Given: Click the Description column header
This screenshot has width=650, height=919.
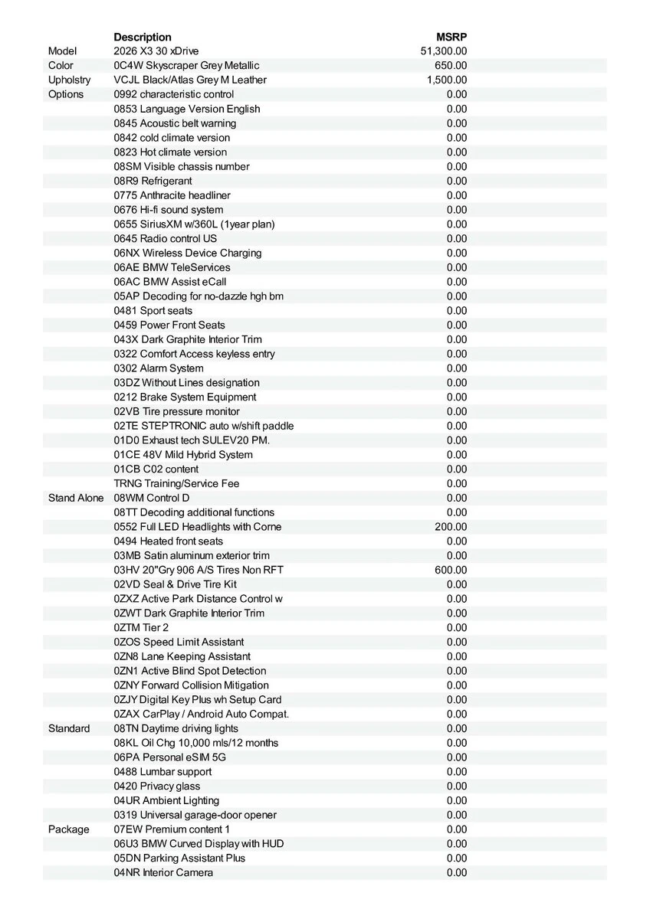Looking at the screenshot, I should (143, 37).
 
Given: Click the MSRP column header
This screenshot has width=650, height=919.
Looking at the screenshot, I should (451, 37).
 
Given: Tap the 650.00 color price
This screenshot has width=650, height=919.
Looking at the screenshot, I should (451, 66).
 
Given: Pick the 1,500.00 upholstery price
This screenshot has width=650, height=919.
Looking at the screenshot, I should (447, 80).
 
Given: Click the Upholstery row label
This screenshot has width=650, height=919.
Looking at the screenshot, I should (69, 80).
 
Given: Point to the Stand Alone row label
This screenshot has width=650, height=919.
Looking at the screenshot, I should (76, 499).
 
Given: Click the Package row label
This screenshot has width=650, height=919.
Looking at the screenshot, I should (68, 830).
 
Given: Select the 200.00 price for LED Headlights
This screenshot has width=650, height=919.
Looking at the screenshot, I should (451, 527).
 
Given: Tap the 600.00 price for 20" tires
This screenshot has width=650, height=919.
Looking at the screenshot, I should (451, 571).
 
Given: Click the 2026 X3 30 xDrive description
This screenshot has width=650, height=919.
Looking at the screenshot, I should (156, 51).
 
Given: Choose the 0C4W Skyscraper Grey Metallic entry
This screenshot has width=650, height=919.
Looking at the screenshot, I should (186, 66).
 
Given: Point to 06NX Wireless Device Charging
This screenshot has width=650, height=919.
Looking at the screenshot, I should (188, 253).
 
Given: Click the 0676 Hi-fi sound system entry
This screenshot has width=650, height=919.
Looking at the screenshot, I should (169, 210).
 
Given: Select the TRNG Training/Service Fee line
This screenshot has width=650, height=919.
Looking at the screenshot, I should (176, 484).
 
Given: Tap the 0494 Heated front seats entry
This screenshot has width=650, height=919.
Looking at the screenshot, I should (169, 541).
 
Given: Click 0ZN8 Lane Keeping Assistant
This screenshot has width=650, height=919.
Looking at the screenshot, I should (182, 657).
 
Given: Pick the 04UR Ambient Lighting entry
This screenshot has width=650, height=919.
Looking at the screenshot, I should (166, 801).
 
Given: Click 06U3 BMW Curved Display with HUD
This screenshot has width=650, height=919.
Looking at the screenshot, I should (199, 844).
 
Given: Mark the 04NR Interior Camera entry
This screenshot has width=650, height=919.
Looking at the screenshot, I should (163, 873).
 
